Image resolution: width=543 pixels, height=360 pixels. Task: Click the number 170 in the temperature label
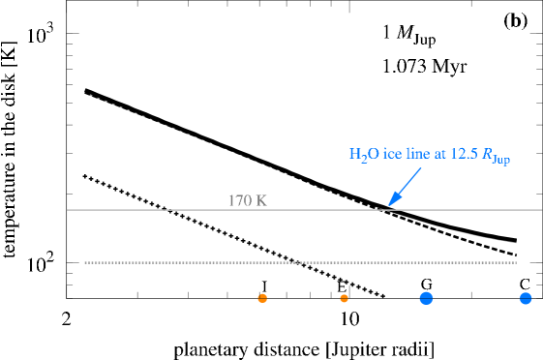[239, 201]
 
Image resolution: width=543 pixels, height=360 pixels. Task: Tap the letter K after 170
[261, 201]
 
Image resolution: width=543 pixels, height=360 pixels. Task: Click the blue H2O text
[365, 155]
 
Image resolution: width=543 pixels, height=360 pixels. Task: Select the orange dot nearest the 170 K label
[262, 298]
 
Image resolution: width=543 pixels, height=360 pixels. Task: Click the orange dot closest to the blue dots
[344, 298]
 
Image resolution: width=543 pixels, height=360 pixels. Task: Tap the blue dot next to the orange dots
[426, 298]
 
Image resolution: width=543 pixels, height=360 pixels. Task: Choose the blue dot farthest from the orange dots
[525, 298]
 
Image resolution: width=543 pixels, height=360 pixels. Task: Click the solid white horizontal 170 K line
[145, 210]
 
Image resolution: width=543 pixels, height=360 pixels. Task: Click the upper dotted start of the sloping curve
[87, 94]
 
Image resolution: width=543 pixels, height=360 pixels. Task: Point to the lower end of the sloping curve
[516, 243]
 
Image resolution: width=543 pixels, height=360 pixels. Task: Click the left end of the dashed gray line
[86, 262]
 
